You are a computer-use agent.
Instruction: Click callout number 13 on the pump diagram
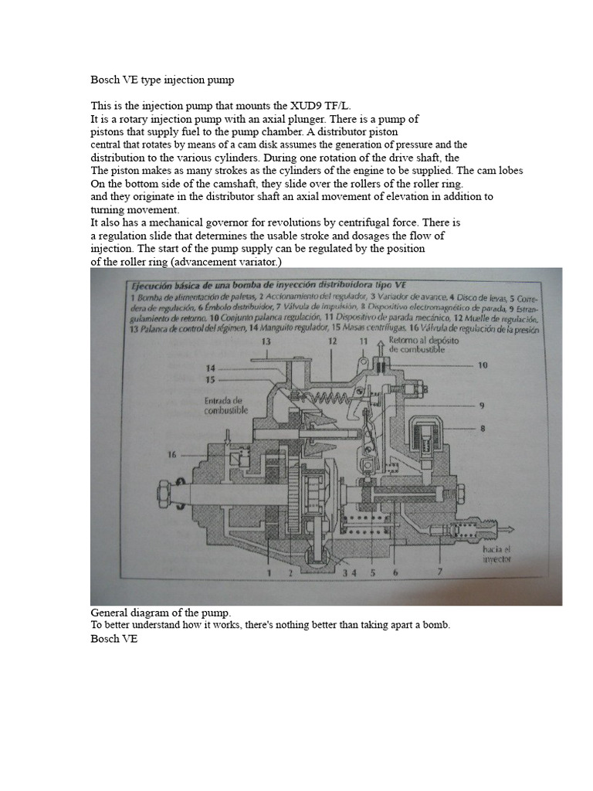(x=266, y=341)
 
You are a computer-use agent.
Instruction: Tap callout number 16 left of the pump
(x=171, y=455)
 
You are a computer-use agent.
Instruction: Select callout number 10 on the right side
(x=483, y=365)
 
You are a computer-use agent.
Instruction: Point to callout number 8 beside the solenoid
(x=482, y=427)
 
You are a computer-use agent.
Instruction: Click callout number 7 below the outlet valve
(x=439, y=572)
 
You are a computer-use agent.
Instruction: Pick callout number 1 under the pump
(x=269, y=572)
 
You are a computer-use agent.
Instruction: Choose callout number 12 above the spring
(x=332, y=341)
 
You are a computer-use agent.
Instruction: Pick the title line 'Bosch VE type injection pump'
(x=162, y=80)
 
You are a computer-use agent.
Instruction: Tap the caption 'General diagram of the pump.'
(x=161, y=612)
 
